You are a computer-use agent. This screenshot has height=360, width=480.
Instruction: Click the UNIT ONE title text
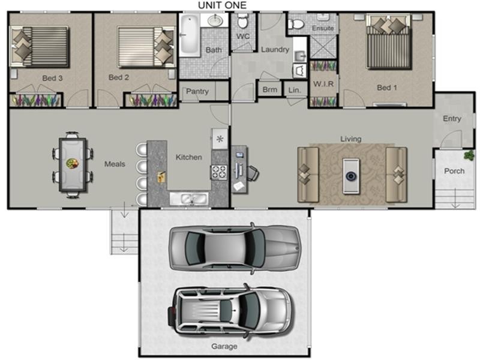222,5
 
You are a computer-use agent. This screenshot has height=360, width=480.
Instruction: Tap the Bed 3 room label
52,77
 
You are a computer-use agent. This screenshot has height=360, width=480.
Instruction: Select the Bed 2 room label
119,77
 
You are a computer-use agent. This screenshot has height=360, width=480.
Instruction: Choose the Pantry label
197,92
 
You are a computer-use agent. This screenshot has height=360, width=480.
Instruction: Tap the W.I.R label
323,84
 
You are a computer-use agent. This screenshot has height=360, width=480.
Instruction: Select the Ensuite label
322,28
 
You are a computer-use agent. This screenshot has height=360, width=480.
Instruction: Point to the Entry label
452,119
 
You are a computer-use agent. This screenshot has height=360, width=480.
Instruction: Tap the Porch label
454,171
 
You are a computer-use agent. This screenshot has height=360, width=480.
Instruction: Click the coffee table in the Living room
351,175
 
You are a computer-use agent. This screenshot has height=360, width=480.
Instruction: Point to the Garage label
224,346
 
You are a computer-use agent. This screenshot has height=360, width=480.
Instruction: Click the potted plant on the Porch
468,156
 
